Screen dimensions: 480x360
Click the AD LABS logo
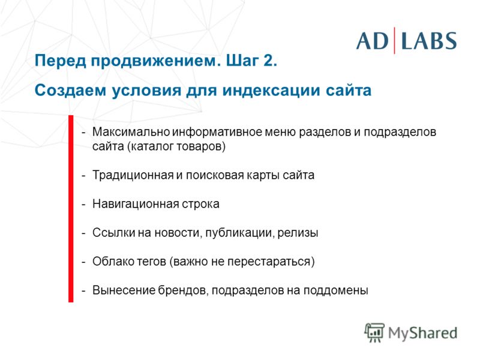click(x=406, y=41)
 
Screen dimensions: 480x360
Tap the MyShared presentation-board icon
click(x=374, y=333)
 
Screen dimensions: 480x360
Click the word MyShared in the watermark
click(x=423, y=333)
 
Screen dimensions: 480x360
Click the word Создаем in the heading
click(x=70, y=91)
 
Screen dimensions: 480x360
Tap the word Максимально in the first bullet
click(x=131, y=132)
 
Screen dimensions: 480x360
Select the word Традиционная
click(x=133, y=175)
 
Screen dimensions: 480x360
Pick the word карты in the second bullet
click(x=263, y=176)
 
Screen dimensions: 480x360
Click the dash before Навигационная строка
click(x=83, y=205)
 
